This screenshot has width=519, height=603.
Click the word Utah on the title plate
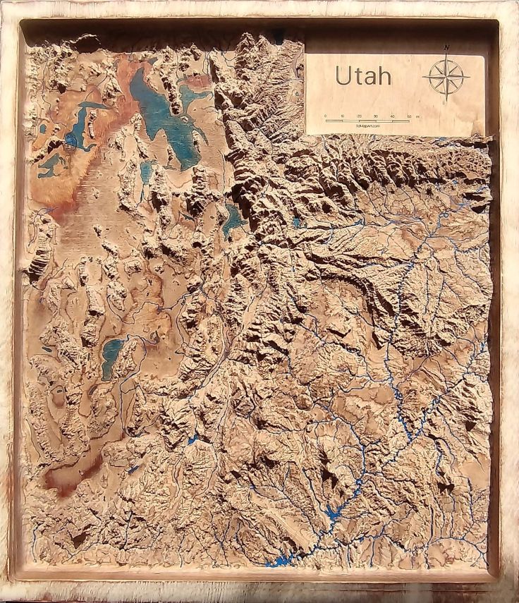click(362, 75)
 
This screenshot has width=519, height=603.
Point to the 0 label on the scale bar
click(326, 116)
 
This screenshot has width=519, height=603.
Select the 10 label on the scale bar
click(343, 116)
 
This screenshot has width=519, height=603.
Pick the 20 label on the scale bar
click(360, 116)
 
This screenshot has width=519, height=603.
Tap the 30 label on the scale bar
click(376, 116)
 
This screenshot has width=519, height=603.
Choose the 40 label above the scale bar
click(393, 116)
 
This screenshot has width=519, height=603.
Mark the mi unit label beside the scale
click(418, 116)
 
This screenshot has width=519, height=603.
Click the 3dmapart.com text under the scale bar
click(367, 126)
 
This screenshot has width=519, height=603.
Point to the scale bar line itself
click(367, 121)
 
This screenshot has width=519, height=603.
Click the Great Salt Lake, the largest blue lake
click(164, 113)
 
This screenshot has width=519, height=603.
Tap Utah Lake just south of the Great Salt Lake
click(233, 220)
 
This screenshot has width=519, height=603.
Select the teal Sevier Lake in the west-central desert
click(111, 356)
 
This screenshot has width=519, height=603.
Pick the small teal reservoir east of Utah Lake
click(297, 222)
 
